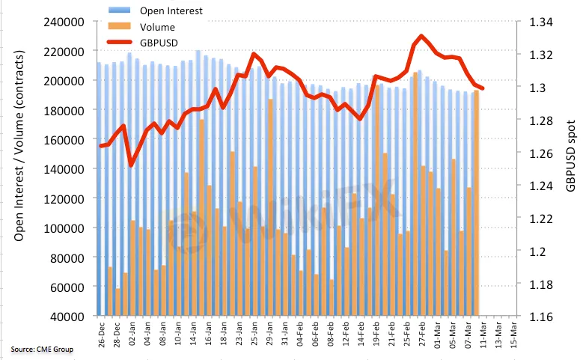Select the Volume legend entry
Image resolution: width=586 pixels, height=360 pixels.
pyautogui.click(x=165, y=26)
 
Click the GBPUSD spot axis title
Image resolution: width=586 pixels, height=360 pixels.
pyautogui.click(x=571, y=153)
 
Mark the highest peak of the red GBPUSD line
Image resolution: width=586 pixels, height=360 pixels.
pyautogui.click(x=422, y=36)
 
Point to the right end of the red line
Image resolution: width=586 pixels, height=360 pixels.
pyautogui.click(x=483, y=89)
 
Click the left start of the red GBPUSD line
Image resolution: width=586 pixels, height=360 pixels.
pyautogui.click(x=101, y=146)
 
